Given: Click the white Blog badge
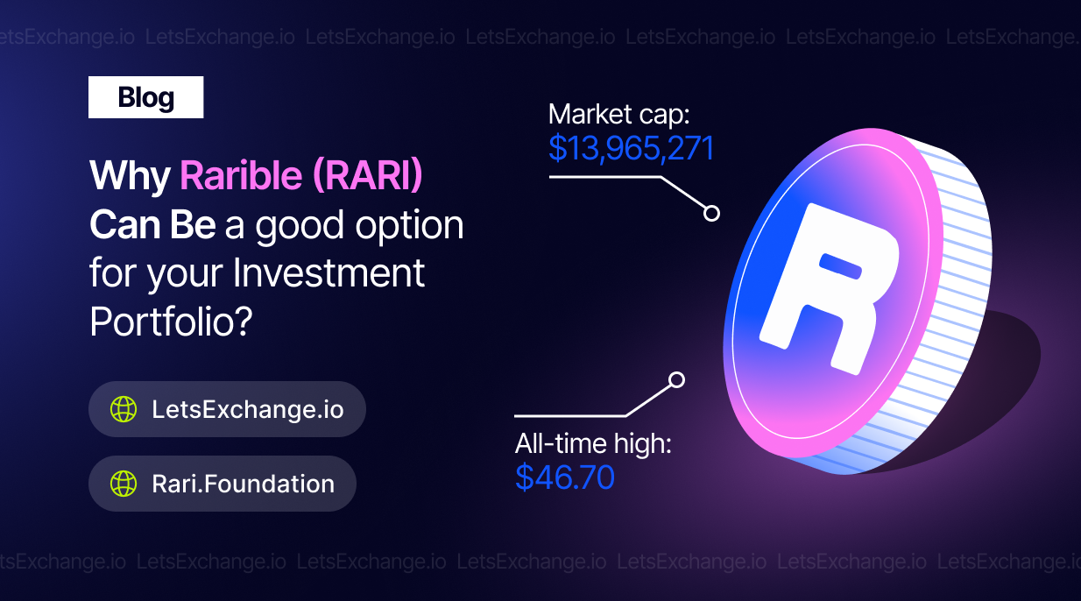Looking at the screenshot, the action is coord(145,97).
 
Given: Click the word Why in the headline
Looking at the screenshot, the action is coord(130,177).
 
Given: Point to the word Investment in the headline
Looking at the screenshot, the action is coord(329,272).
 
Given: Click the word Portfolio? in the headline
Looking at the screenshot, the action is coord(172,321).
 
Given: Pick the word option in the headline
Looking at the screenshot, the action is coord(409,226).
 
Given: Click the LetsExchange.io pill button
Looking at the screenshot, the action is coord(227,409).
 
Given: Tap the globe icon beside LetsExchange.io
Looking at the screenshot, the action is coord(124,409).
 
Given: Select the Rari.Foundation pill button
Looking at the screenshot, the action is coord(223,484).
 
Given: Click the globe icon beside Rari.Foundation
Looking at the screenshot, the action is coord(124,484).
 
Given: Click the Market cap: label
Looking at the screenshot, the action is coord(619,115).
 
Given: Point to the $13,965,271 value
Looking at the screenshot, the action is coord(632,148).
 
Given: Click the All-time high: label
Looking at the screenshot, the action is coord(593,443).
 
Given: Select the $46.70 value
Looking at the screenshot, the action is coord(565,477).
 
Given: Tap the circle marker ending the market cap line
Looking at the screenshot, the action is coord(711,213).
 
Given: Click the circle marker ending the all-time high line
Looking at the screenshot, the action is coord(676,380).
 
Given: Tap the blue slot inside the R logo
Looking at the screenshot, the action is coord(841,266).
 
